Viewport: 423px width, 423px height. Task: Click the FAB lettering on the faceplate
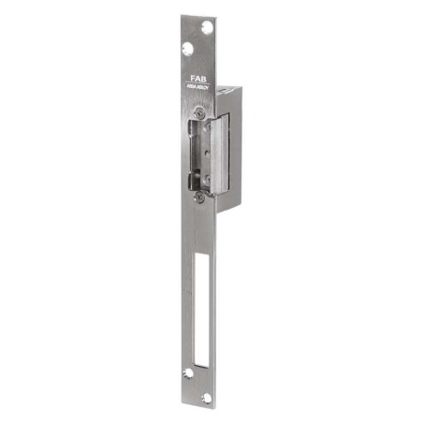(x=201, y=79)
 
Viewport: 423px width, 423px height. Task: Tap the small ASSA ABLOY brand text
(x=201, y=89)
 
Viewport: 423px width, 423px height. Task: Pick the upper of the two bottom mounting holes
(x=188, y=372)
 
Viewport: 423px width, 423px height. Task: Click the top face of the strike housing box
(x=229, y=86)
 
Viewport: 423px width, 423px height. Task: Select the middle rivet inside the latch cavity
(x=197, y=153)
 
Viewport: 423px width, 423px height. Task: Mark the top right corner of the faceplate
(x=216, y=16)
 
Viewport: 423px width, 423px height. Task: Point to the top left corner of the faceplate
(x=182, y=16)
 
